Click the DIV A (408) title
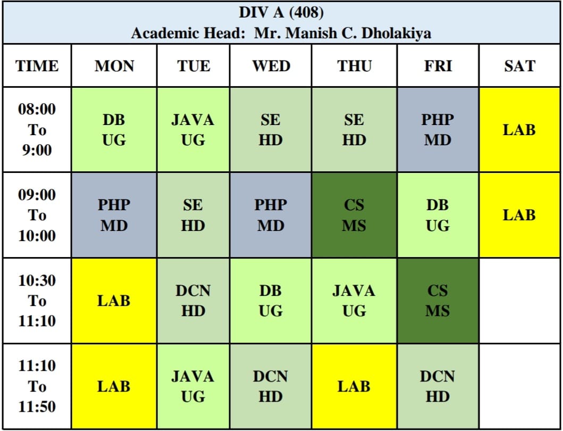tap(281, 12)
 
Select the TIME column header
tap(37, 66)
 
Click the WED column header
tap(271, 66)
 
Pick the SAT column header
tap(519, 66)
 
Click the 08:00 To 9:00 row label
tap(37, 130)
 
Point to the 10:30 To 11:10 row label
tap(37, 301)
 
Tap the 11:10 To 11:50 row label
tap(37, 386)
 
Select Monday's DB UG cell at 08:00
tap(114, 130)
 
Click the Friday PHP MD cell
tap(438, 130)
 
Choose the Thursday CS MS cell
tap(354, 215)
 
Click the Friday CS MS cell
tap(438, 301)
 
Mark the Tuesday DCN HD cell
tap(194, 301)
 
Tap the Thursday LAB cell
tap(354, 386)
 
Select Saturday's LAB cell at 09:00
tap(519, 215)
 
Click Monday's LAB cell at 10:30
tap(114, 301)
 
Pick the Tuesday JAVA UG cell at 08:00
tap(194, 130)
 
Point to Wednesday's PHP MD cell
tap(271, 215)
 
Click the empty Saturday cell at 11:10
tap(519, 386)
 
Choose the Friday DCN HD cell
tap(438, 386)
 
